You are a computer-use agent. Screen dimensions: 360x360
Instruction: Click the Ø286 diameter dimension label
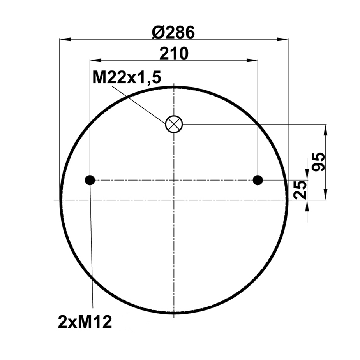point(173,33)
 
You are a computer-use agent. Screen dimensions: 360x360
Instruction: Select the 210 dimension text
point(173,54)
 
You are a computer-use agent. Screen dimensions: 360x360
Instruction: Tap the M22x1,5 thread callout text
point(127,78)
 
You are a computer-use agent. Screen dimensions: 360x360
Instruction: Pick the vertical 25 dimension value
point(300,190)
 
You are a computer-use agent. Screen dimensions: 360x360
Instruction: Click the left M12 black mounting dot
point(90,180)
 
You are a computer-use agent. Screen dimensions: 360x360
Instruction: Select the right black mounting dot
point(258,180)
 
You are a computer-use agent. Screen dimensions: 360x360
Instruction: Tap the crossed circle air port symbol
point(174,125)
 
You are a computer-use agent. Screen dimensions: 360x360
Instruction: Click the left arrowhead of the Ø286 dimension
point(65,39)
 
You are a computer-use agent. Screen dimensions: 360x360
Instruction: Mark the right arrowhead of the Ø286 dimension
point(283,39)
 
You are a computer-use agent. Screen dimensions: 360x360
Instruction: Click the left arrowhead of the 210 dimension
point(95,60)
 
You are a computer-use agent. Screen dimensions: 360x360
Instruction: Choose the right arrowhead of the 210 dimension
point(253,60)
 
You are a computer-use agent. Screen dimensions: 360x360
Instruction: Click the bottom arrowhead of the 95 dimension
point(326,195)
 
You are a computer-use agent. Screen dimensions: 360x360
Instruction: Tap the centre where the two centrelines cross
point(174,200)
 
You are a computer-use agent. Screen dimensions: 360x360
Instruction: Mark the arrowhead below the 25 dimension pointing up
point(307,205)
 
